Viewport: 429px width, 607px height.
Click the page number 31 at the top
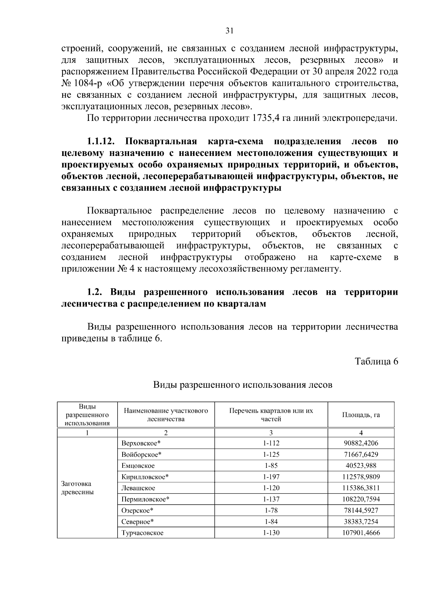(x=230, y=31)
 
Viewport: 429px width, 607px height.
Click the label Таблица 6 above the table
(x=376, y=361)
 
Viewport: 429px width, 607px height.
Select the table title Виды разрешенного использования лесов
(x=243, y=385)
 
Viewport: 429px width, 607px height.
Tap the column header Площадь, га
(x=361, y=415)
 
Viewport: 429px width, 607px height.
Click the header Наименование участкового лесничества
(x=166, y=415)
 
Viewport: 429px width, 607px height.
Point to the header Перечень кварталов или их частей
(x=271, y=415)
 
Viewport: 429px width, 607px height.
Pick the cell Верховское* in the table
(x=141, y=443)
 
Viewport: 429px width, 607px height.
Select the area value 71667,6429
(x=361, y=454)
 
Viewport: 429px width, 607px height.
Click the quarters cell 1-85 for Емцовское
(x=271, y=466)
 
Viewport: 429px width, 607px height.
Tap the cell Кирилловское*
(x=145, y=477)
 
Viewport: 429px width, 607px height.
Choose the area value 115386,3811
(x=361, y=488)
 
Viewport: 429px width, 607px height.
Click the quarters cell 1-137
(x=271, y=499)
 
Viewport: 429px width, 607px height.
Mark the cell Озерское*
(x=137, y=510)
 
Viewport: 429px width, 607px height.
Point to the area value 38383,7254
(x=361, y=522)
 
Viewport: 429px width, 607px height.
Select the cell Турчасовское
(x=142, y=533)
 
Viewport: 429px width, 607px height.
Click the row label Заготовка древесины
(x=78, y=488)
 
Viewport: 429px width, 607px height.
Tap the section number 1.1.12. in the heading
(x=100, y=141)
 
